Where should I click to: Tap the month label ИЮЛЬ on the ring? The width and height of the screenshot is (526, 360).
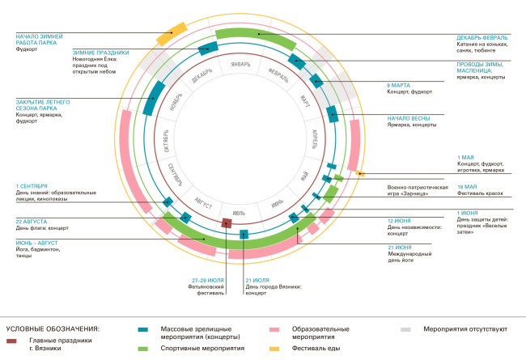pyautogui.click(x=240, y=213)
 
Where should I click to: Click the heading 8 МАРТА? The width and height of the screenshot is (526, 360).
pyautogui.click(x=398, y=84)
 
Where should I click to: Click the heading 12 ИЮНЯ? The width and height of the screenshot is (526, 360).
pyautogui.click(x=400, y=221)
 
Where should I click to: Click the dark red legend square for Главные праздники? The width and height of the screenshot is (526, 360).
pyautogui.click(x=11, y=341)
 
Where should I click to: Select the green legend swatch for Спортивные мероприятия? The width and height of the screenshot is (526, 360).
pyautogui.click(x=142, y=348)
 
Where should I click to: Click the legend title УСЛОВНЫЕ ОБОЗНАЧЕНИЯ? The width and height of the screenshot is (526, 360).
pyautogui.click(x=52, y=329)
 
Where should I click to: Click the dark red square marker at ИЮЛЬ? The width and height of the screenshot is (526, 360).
pyautogui.click(x=227, y=222)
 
